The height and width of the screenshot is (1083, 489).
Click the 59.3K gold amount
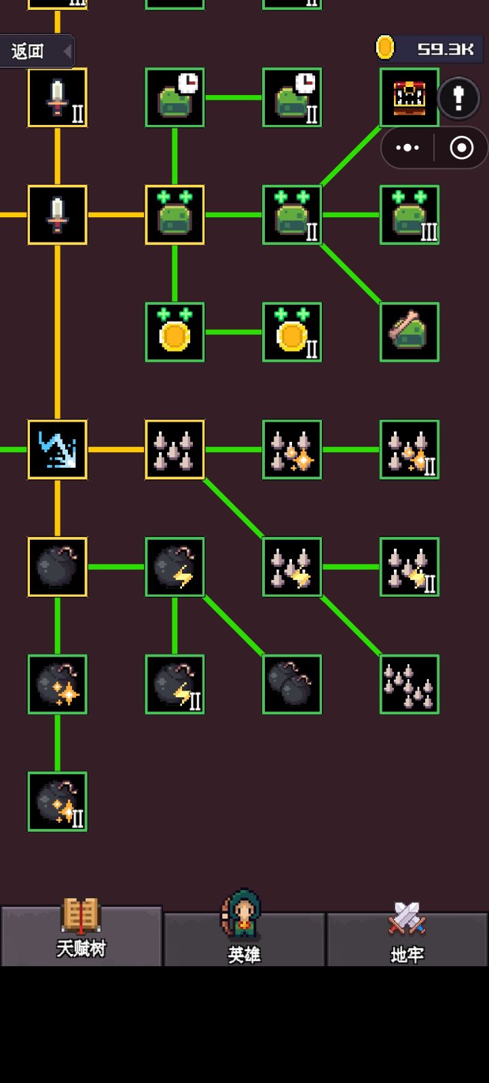tap(445, 49)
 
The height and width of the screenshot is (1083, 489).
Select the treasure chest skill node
tap(409, 98)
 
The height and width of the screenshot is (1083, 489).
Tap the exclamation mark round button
tap(458, 98)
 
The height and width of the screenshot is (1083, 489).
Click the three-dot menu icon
tap(407, 147)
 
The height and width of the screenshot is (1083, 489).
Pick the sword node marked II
tap(58, 98)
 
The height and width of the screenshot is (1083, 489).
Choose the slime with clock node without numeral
tap(175, 98)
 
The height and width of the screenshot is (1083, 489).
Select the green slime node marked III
tap(409, 215)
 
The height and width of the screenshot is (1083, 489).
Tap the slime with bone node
tap(409, 332)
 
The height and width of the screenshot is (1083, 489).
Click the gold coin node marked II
tap(292, 332)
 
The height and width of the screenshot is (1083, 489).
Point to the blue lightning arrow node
tap(58, 449)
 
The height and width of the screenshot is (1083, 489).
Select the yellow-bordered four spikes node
tap(175, 449)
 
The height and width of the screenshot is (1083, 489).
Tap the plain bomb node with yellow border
tap(58, 567)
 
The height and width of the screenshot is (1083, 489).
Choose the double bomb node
tap(292, 684)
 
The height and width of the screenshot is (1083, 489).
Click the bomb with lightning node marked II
tap(175, 684)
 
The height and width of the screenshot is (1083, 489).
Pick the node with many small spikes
tap(409, 684)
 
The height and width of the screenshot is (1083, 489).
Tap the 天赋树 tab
tap(81, 936)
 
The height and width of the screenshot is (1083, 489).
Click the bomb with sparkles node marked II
tap(58, 802)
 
